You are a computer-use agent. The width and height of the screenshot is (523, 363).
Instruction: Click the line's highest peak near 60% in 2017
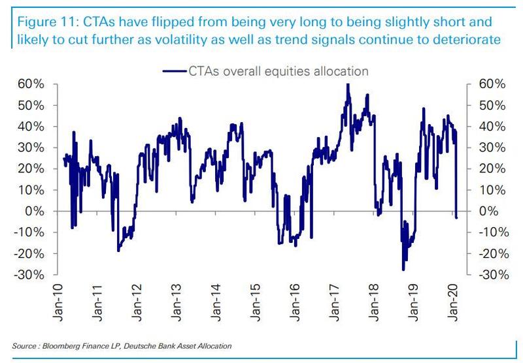(348, 84)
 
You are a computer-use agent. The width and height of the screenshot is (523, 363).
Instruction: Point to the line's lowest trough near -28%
(403, 270)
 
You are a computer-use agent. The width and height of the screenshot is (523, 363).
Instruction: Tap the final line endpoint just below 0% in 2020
(456, 217)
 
